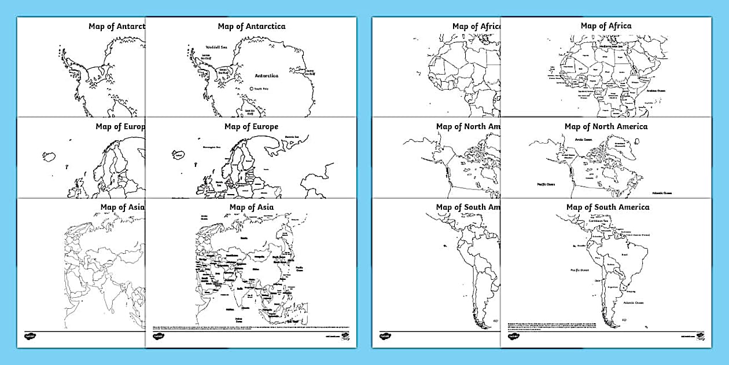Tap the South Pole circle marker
tap(252, 89)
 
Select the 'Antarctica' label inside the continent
tap(266, 75)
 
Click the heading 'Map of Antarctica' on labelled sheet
tap(251, 26)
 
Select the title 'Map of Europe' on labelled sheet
tap(251, 126)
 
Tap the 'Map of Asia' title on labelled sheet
tap(251, 207)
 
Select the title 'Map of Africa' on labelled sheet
tap(606, 26)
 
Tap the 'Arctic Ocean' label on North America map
tap(583, 140)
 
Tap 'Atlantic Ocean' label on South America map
tap(633, 302)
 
